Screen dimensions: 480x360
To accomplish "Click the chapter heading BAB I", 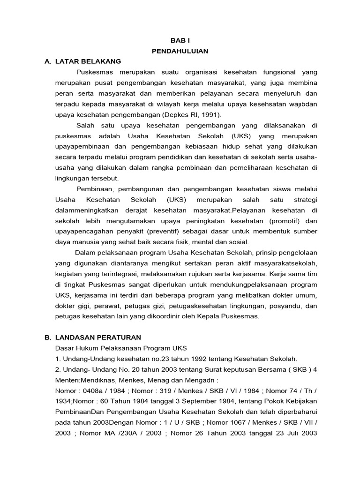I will coord(180,41).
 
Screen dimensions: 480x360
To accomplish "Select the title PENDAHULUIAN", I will coord(180,51).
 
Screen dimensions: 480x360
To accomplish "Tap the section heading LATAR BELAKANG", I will coord(88,61).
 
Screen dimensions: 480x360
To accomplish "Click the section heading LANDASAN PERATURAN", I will coord(98,337).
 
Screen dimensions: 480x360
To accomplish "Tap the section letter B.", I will coord(46,337).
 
